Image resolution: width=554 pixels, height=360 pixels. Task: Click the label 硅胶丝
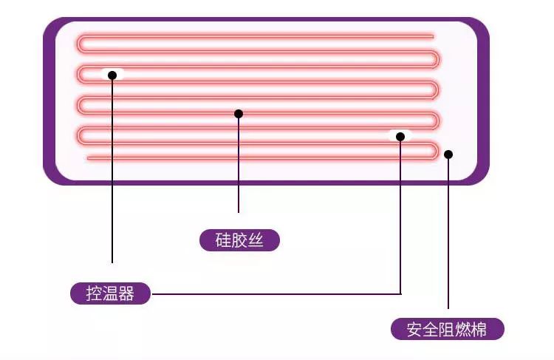239,240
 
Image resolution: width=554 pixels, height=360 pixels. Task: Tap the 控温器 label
111,293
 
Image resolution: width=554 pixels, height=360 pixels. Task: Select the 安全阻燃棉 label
447,329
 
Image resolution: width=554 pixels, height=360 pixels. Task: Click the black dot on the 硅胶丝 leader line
239,114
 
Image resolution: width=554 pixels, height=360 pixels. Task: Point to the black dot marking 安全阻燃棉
448,154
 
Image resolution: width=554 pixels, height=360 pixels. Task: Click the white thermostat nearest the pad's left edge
112,74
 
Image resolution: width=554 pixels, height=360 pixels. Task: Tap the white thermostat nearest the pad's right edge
400,136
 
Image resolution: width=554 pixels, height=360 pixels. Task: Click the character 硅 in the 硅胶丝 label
223,240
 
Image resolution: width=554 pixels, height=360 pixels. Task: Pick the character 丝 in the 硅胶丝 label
256,240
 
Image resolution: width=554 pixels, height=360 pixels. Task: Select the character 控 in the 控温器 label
95,293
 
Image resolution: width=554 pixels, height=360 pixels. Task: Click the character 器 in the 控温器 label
127,293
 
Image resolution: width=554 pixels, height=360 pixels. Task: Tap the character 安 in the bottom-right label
415,329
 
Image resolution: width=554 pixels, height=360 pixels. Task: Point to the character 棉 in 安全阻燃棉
479,329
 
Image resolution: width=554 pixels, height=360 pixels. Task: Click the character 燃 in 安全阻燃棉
463,329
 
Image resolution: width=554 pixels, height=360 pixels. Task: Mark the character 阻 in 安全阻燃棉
447,329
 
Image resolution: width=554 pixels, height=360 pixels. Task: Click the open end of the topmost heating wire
432,35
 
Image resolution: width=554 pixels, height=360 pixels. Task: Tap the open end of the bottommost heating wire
88,158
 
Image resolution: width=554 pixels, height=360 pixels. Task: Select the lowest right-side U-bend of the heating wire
436,151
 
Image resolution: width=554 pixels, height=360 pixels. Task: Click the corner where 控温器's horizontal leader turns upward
400,293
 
